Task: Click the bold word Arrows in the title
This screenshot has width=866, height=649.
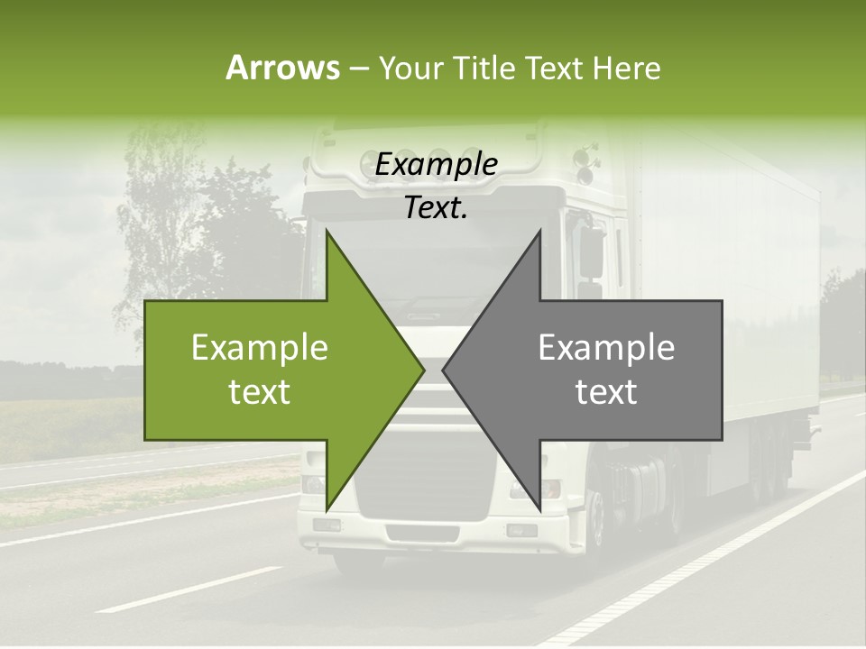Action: pos(282,68)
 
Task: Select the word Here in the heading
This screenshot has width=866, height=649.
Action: pos(627,69)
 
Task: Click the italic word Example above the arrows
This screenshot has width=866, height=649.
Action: pos(437,165)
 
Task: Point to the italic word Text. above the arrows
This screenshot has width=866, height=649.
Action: pos(437,207)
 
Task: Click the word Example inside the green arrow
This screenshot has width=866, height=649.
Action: pos(260,348)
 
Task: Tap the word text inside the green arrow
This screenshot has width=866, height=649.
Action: pos(260,392)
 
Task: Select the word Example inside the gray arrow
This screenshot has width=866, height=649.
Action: pos(606,348)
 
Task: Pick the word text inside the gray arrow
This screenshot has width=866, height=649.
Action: pos(606,392)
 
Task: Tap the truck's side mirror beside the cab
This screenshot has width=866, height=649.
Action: pos(592,252)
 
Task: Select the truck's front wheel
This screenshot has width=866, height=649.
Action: pos(595,532)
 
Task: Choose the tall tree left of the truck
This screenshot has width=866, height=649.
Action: pos(162,216)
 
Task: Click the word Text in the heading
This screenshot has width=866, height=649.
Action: pos(553,69)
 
